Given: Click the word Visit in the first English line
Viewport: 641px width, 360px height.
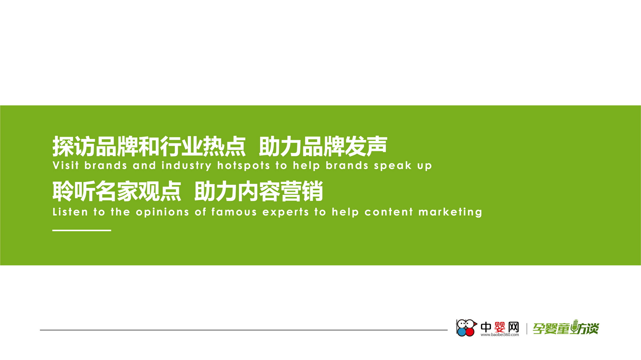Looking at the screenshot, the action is pos(65,165).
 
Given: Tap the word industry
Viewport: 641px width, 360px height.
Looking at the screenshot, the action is pos(187,166).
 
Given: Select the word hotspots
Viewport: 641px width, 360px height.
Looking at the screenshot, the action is pos(244,166).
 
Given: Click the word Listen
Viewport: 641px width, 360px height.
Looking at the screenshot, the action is pos(70,212).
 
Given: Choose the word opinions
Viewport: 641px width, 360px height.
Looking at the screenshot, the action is pos(162,212).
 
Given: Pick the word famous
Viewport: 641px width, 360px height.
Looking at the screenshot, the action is pos(234,212).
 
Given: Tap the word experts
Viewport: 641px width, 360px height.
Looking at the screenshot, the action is pos(286,212).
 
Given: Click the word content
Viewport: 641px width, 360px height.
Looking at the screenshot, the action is pos(388,212).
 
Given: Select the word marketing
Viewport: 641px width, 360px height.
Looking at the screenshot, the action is pos(450,212).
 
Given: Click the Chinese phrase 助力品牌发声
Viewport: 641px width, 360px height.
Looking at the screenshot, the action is pos(323,146).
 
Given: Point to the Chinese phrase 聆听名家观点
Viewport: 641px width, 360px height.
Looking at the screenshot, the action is pos(117,191).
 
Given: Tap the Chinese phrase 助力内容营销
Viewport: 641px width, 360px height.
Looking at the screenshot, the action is pos(259,191).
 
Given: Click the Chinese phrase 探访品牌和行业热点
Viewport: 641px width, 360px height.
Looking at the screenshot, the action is pos(149,146).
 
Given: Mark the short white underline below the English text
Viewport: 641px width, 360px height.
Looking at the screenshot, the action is pos(82,230).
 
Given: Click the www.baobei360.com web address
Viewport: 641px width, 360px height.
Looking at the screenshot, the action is pos(500,335).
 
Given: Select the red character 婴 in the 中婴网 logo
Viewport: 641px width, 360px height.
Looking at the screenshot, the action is pos(500,327).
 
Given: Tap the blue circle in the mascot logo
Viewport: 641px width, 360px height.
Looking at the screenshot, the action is pos(462,332).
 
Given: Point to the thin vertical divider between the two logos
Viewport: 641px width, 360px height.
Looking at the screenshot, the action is pos(527,329).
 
